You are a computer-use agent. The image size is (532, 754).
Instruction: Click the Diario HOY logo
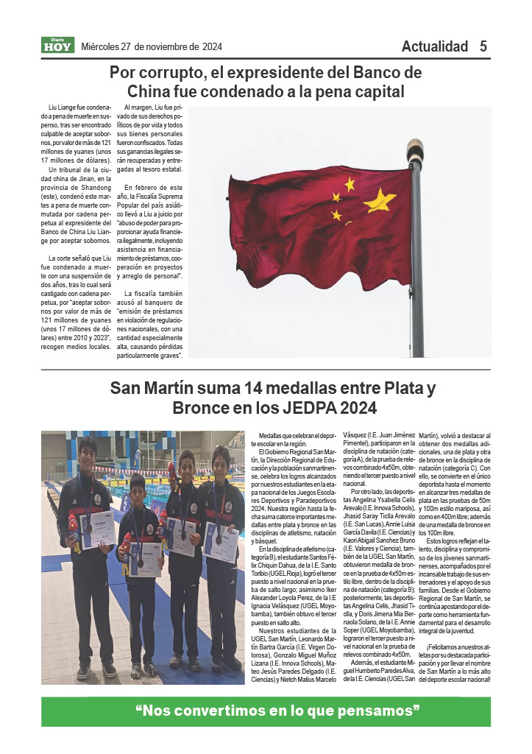tap(57, 46)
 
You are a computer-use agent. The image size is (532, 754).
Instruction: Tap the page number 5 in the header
tap(483, 46)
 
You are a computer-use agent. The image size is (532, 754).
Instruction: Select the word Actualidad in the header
tap(435, 46)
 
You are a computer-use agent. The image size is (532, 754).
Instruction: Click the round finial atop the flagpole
tap(415, 147)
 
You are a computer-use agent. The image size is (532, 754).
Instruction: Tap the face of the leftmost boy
tap(87, 449)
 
